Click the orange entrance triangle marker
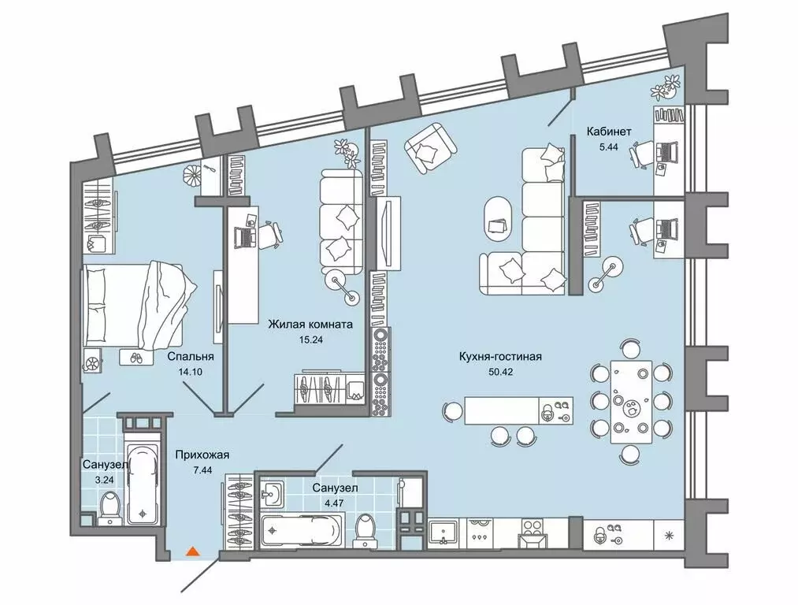191,551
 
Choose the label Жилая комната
310,324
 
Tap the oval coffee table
499,223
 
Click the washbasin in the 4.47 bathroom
273,494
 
